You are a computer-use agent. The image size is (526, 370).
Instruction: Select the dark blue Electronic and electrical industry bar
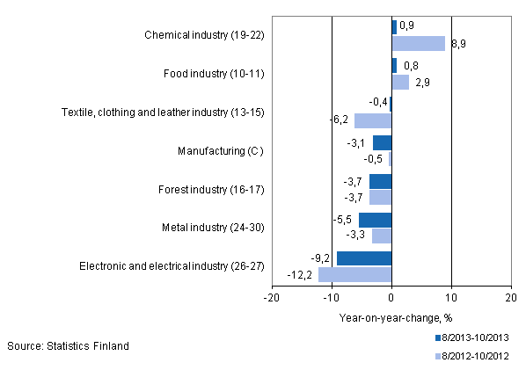coord(364,258)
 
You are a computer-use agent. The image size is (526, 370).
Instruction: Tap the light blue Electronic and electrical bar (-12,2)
coord(354,273)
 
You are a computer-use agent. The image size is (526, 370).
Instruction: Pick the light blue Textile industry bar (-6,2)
coord(373,120)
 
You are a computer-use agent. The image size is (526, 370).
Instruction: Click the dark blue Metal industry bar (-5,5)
coord(375,220)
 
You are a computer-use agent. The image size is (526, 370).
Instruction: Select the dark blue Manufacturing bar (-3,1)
coord(382,142)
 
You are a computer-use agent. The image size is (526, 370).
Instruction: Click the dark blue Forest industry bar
coord(380,181)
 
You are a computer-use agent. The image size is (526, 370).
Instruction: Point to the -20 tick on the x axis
coord(272,298)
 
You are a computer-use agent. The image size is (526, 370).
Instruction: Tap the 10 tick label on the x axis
coord(451,298)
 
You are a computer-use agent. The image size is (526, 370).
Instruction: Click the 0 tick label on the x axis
coord(391,298)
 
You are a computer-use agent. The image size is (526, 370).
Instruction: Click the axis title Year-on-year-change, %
coord(391,317)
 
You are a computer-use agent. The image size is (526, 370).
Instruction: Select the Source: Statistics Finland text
coord(68,345)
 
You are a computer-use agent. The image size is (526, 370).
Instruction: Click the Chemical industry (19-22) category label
coord(204,36)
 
